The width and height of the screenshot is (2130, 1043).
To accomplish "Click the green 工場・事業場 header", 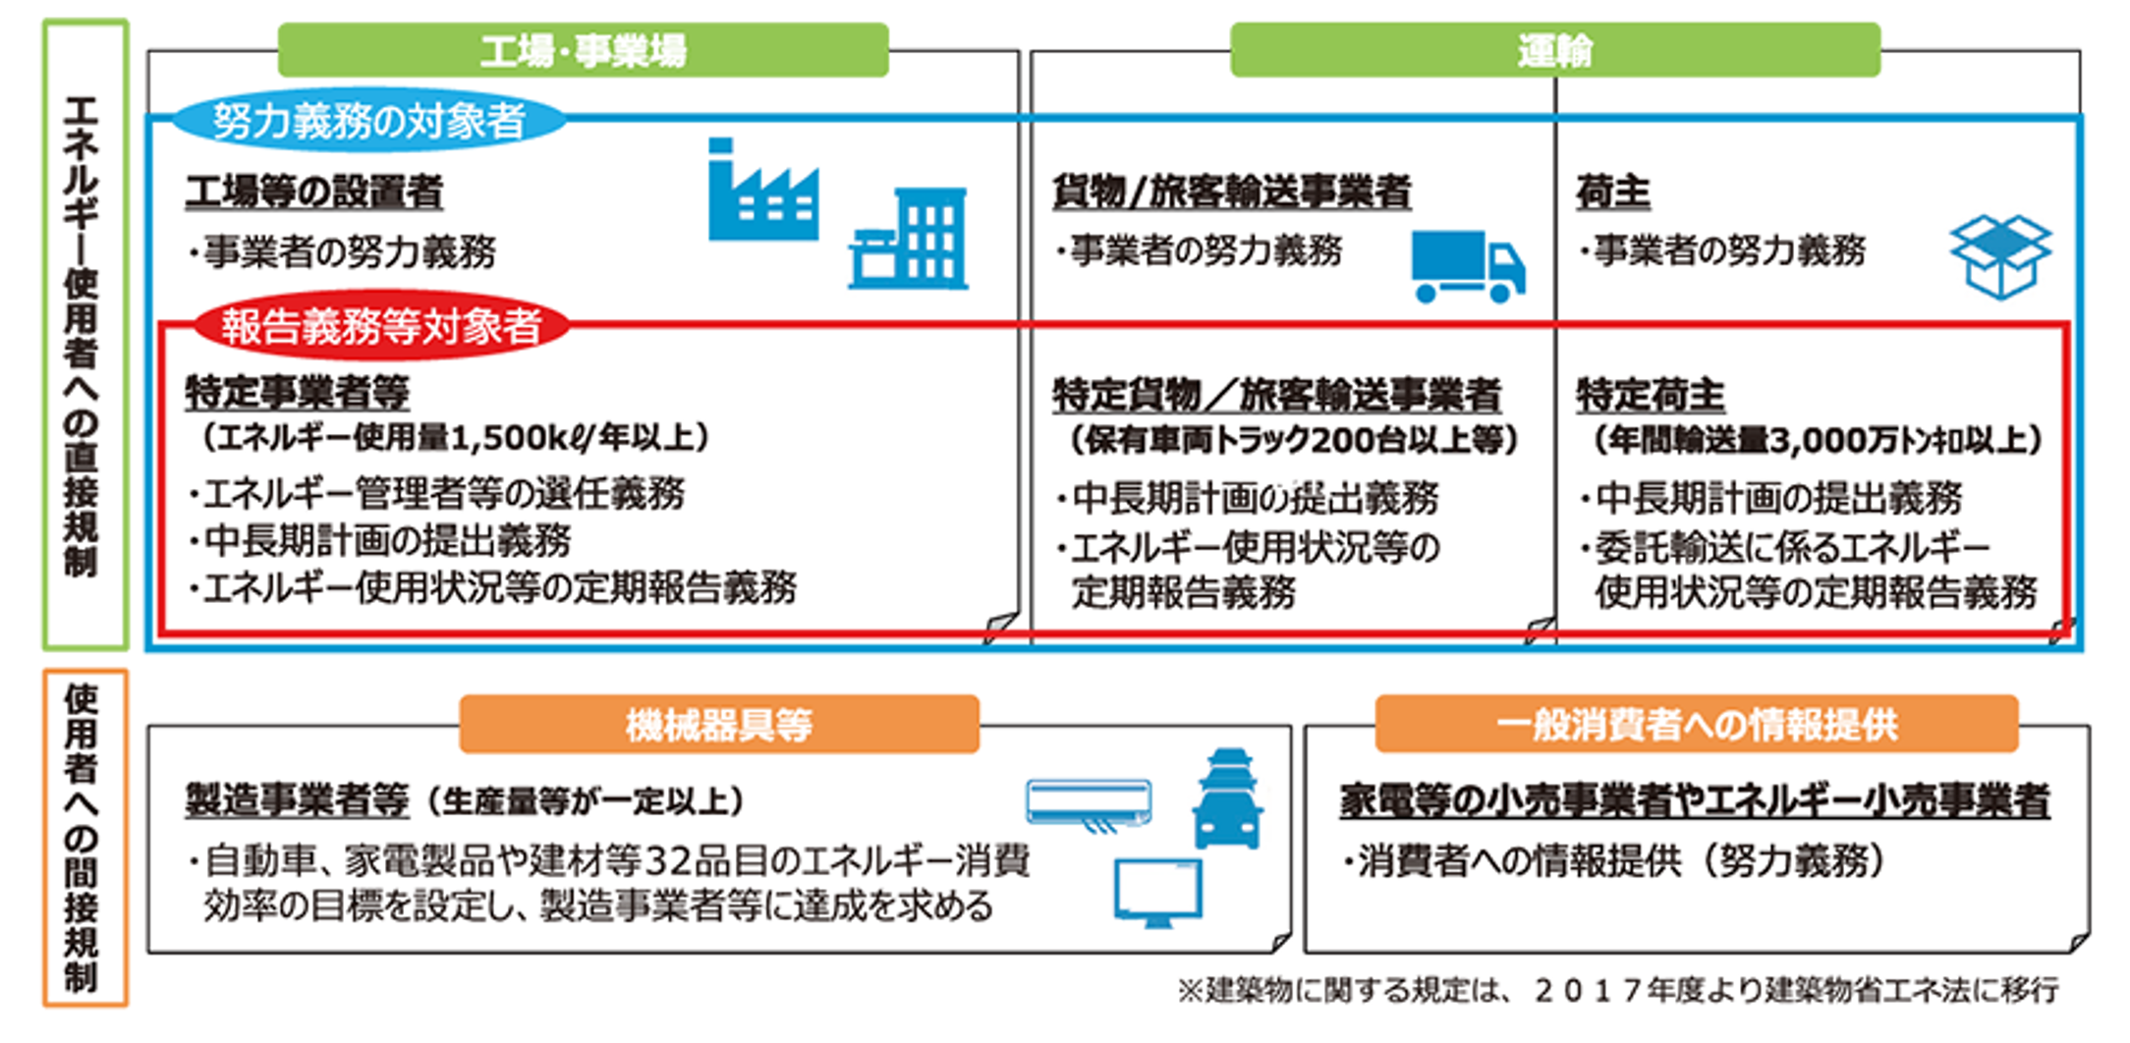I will pos(583,50).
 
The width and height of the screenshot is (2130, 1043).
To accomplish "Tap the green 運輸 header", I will pos(1554,50).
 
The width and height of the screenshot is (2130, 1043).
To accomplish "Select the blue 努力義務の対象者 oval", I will pos(368,121).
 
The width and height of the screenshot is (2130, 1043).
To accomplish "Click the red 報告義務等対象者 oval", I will pos(381,326).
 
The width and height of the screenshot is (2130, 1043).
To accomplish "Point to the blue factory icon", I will pos(762,191).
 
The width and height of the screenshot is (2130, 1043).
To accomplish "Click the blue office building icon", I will pos(909,240).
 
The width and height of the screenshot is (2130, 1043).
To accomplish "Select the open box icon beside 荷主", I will pos(2000,255).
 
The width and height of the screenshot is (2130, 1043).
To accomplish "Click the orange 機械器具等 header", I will pos(719,725).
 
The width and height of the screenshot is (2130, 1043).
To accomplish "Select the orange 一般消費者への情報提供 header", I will pos(1696,725).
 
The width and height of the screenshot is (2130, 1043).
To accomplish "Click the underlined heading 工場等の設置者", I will pos(314,192).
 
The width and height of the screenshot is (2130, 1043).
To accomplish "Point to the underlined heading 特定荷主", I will pos(1651,395).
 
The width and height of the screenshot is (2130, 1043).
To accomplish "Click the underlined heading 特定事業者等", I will pos(297,393).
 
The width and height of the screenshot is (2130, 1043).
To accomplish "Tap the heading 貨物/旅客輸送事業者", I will pos(1232,192).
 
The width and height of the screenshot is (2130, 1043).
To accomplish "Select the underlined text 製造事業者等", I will pos(297,800).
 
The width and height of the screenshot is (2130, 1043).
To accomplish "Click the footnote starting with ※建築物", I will pos(1617,990).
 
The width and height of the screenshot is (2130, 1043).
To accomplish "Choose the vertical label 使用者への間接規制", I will pos(83,838).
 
